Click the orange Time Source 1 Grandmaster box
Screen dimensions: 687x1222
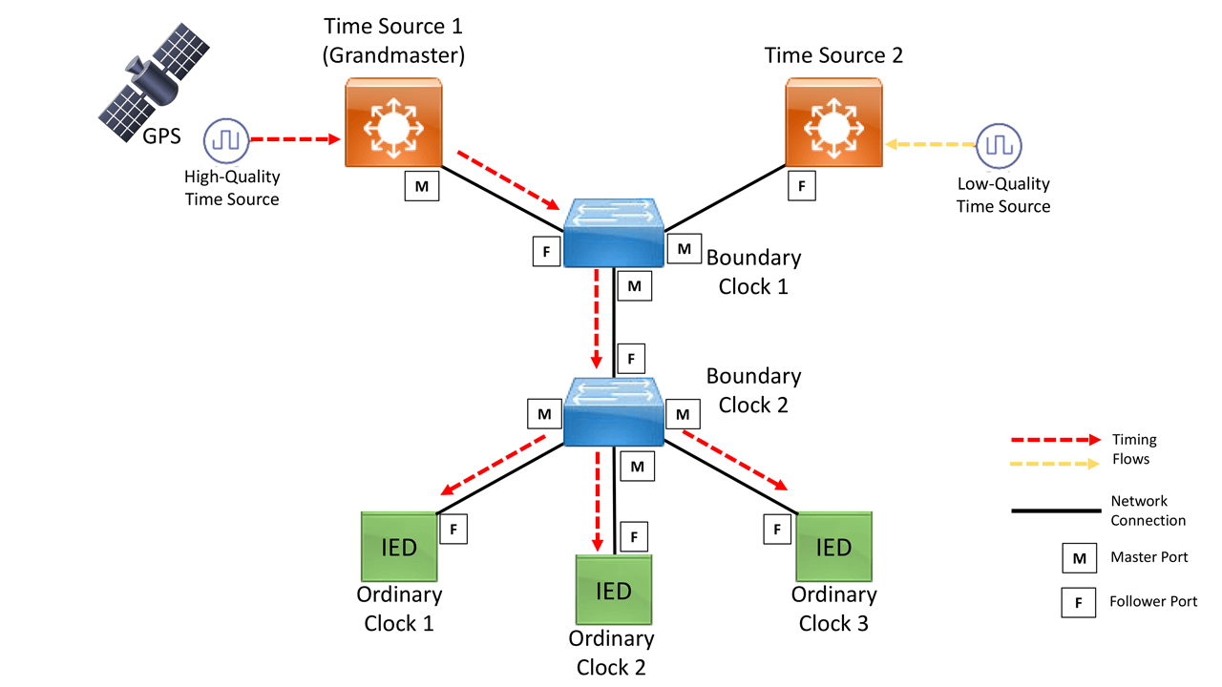pyautogui.click(x=392, y=123)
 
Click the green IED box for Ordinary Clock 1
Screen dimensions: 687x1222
pyautogui.click(x=399, y=547)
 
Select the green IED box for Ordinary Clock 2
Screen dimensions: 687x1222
pyautogui.click(x=613, y=590)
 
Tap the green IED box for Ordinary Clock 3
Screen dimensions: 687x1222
pyautogui.click(x=834, y=547)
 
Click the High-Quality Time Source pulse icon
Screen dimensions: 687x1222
pyautogui.click(x=225, y=141)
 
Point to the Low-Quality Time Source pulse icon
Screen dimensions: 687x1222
pyautogui.click(x=999, y=145)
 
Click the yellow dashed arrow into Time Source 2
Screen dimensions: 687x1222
pyautogui.click(x=931, y=145)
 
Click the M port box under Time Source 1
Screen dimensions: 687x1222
pyautogui.click(x=421, y=187)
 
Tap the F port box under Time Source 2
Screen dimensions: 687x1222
pyautogui.click(x=801, y=187)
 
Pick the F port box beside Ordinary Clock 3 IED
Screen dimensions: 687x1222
pyautogui.click(x=777, y=528)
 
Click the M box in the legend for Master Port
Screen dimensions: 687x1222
pyautogui.click(x=1079, y=558)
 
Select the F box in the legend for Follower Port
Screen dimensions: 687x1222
pyautogui.click(x=1079, y=602)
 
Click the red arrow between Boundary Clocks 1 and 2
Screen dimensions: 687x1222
pyautogui.click(x=597, y=320)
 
